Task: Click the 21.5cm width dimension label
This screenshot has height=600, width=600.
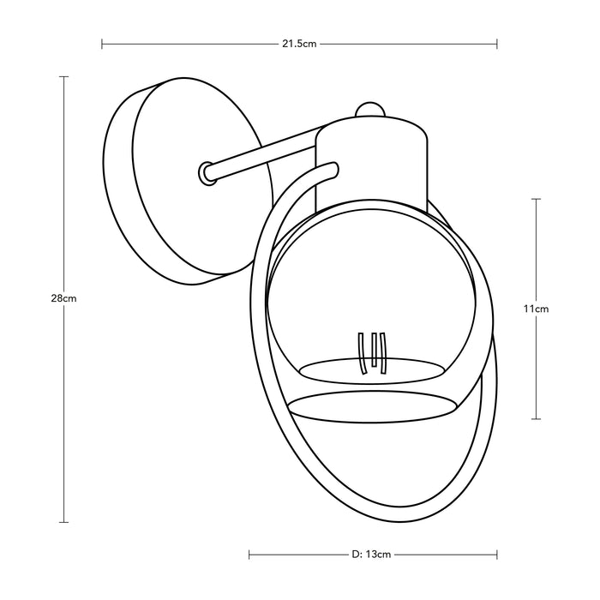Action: click(x=299, y=43)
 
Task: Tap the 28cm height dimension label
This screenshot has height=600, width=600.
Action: click(x=64, y=299)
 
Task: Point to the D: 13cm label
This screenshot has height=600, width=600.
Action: click(x=371, y=554)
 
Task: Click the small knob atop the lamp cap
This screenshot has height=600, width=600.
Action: click(x=370, y=109)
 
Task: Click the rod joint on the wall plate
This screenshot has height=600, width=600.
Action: click(x=207, y=172)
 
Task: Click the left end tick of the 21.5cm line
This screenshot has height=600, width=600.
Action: click(x=102, y=43)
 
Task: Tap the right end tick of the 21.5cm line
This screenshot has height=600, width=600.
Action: click(x=497, y=43)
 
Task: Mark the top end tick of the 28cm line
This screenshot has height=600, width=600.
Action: click(x=64, y=77)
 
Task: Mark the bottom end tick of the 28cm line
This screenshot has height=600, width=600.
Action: click(x=64, y=522)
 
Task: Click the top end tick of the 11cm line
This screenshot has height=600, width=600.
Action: click(x=537, y=199)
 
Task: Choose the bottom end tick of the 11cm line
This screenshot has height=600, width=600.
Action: click(x=537, y=418)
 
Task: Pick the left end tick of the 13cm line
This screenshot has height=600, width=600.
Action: click(x=249, y=554)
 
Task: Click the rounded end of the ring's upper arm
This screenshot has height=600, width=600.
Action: click(x=333, y=168)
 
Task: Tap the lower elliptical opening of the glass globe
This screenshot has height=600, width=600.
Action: click(x=371, y=407)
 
